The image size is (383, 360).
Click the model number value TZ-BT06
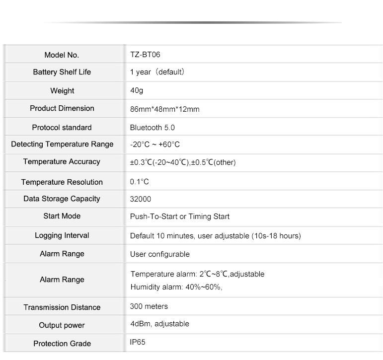point(145,55)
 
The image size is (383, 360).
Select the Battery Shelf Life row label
point(62,72)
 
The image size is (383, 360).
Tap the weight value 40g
point(137,91)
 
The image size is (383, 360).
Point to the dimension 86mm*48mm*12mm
point(164,109)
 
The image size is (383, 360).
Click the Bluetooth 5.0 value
point(152,127)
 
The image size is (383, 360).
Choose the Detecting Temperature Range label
point(62,144)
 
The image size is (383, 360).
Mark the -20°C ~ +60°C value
point(154,144)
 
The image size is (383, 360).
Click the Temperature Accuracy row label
point(62,162)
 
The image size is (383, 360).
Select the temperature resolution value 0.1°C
point(139,182)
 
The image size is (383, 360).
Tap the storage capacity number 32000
point(141,199)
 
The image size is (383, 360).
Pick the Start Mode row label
point(62,216)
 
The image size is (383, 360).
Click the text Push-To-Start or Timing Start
point(179,216)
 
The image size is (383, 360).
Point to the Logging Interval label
point(62,235)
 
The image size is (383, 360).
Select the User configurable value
point(159,254)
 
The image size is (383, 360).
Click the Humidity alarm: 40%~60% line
point(176,287)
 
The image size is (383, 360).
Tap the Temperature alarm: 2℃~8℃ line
point(197,274)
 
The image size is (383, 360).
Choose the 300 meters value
point(149,306)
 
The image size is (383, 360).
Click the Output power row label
point(62,325)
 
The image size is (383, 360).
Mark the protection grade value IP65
point(138,342)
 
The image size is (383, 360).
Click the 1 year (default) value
point(157,72)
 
